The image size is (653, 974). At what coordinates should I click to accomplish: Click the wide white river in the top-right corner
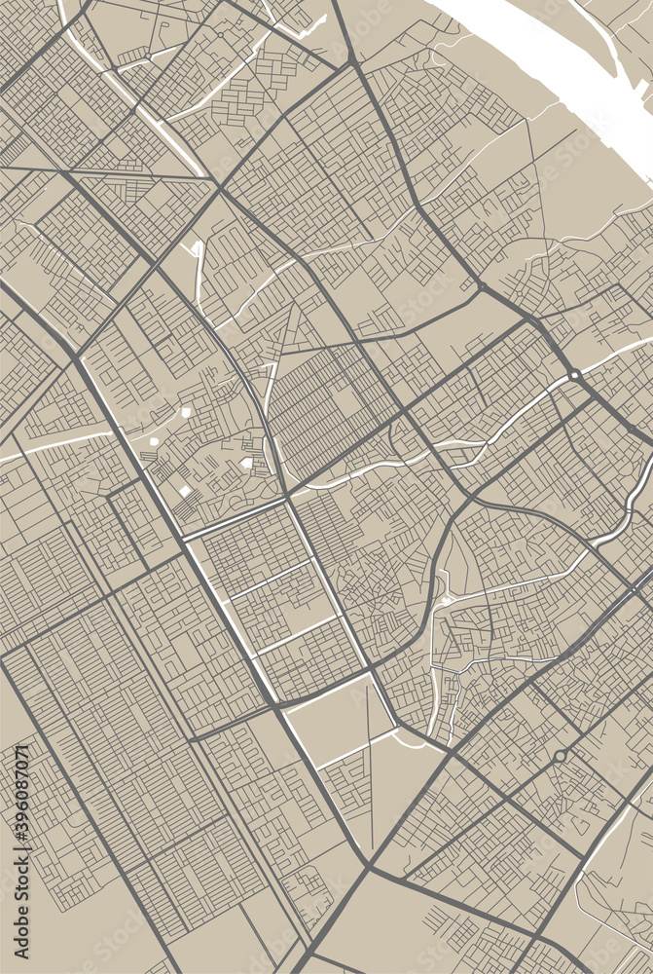(545, 49)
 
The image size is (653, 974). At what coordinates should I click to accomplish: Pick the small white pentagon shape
(186, 414)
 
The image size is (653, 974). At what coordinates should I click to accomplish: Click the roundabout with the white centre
(575, 374)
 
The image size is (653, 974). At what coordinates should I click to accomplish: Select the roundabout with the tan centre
(560, 756)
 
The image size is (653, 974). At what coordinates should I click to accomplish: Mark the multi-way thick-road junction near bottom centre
(370, 865)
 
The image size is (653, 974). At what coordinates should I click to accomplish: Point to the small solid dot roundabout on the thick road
(633, 429)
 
